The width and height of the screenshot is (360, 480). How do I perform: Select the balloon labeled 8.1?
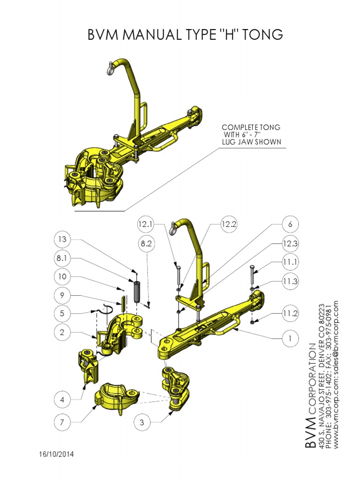[x=62, y=258]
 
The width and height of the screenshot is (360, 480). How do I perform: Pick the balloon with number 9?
[x=62, y=296]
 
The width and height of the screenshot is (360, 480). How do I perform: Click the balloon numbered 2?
[x=62, y=333]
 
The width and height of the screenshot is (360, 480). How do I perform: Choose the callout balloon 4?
[x=62, y=400]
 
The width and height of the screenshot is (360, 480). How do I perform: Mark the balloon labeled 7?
[x=62, y=422]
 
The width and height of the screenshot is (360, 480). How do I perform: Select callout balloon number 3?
[x=142, y=422]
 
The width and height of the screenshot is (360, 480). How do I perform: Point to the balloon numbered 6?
[x=290, y=225]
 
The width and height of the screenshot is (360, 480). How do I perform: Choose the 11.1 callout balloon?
[x=290, y=261]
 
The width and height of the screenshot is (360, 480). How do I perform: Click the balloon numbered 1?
[x=290, y=338]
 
